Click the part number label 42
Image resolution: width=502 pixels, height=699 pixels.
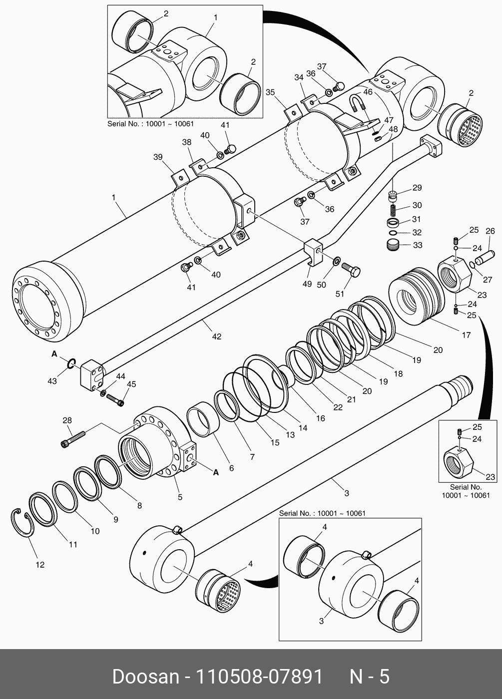[216, 337]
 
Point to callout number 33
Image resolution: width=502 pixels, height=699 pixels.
[417, 245]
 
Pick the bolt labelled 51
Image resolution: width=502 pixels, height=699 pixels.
[351, 271]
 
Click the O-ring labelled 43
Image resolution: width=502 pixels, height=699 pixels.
[71, 364]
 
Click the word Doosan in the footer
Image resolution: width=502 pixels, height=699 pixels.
[145, 677]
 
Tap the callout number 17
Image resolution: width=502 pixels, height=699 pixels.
[466, 335]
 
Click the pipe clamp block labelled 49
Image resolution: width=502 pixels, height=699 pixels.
[312, 252]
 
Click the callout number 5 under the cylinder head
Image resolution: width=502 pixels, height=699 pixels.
[180, 497]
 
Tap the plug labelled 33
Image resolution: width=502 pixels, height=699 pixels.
[395, 245]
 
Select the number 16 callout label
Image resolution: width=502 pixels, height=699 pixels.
[320, 418]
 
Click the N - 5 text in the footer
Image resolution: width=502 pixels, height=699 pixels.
[369, 677]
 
